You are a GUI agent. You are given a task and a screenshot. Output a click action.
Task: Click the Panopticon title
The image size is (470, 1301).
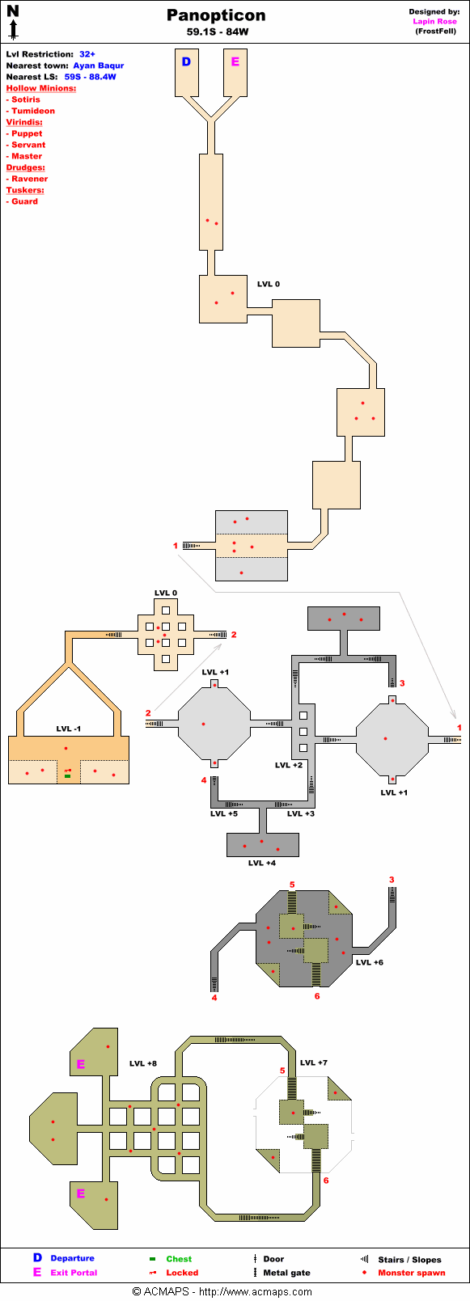click(216, 15)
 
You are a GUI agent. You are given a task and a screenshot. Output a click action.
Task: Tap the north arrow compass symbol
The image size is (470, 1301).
click(13, 22)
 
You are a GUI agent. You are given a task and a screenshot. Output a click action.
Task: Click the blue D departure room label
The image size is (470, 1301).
click(187, 61)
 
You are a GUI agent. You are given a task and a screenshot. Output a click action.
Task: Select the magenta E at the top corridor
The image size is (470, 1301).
click(235, 61)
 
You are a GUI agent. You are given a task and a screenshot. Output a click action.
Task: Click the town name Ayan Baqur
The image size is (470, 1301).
click(98, 65)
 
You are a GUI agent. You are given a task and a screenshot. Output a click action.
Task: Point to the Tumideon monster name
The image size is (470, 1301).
click(33, 111)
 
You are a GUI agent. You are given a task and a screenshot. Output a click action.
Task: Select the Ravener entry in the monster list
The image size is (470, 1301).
click(30, 179)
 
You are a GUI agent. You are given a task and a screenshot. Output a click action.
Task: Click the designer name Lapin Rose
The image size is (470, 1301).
click(434, 22)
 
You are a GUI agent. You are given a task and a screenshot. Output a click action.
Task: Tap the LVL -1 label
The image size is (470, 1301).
click(69, 729)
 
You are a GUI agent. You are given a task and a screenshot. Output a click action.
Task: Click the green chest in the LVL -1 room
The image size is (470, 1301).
click(67, 776)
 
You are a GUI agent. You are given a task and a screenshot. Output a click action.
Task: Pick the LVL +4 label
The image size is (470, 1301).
click(262, 863)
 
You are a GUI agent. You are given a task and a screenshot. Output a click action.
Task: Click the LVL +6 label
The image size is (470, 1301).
click(370, 962)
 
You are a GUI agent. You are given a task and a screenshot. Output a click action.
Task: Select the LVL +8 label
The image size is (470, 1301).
click(143, 1063)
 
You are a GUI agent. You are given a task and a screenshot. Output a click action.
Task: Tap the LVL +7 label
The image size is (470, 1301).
click(314, 1062)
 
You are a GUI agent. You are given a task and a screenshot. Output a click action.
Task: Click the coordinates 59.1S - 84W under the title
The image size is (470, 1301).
click(218, 32)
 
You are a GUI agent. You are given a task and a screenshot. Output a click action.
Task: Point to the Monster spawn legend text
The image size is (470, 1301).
click(411, 1273)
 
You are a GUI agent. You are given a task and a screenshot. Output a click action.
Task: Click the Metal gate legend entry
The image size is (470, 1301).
click(286, 1273)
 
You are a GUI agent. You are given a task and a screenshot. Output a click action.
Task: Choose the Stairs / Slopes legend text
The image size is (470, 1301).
click(409, 1259)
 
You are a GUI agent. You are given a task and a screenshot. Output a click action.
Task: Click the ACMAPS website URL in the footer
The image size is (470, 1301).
click(256, 1292)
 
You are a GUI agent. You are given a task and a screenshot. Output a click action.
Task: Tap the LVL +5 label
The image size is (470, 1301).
click(224, 813)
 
